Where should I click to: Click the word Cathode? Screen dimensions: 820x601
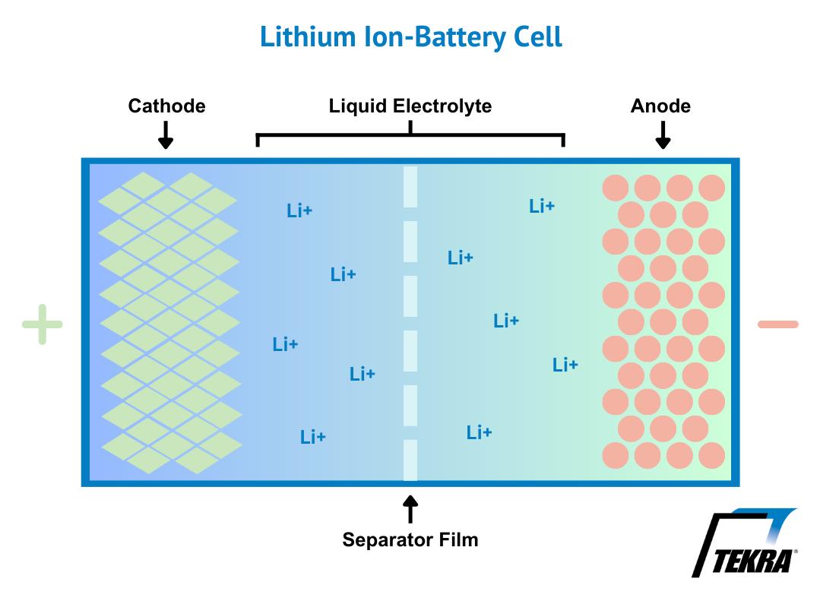point(167,106)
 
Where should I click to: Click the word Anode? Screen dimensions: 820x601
point(660,106)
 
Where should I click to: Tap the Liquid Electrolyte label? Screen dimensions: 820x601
point(410,106)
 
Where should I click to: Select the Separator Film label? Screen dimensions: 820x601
point(410,539)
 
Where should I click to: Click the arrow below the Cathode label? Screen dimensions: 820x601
point(166,135)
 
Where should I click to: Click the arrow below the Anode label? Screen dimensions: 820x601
point(663,135)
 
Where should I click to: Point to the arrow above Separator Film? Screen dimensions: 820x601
point(410,509)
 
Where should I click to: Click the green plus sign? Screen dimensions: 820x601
point(43,324)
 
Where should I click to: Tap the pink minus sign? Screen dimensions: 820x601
point(778,324)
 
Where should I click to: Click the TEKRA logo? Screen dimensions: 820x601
point(745,542)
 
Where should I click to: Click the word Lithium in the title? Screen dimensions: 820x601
point(308,37)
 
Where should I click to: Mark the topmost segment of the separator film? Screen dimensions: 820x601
point(410,187)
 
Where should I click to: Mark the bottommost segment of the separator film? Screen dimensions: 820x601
point(410,460)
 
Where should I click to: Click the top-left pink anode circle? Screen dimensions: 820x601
point(616,188)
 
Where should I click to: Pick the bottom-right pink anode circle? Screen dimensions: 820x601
point(712,455)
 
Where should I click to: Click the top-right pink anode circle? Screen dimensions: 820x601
point(712,188)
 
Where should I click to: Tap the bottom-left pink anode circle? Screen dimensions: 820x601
point(616,455)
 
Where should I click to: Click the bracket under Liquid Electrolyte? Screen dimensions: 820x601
point(410,135)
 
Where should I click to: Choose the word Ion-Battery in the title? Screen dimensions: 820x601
point(435,37)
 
